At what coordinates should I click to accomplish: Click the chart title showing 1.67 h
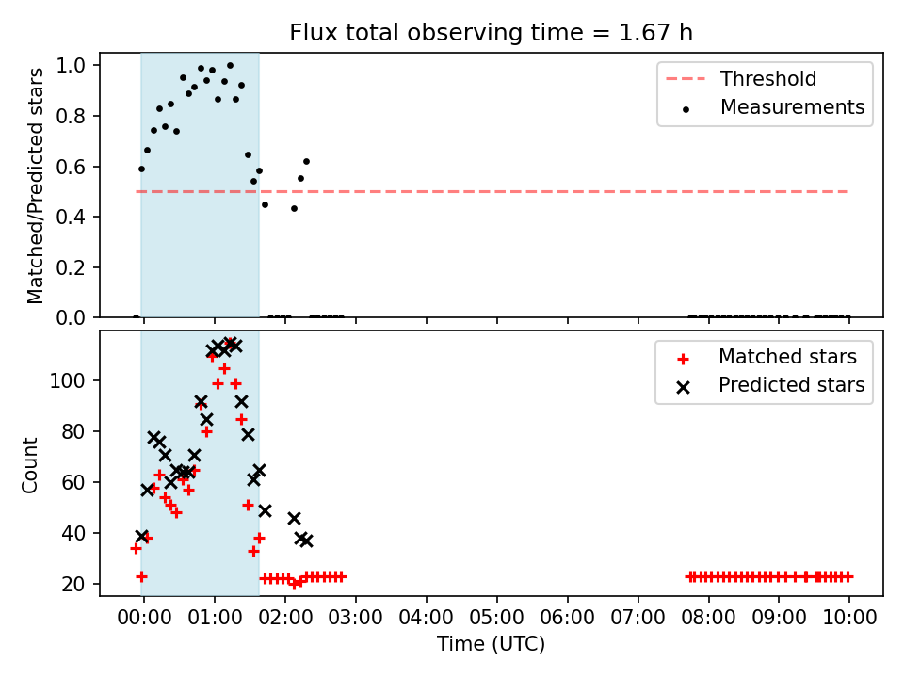click(492, 32)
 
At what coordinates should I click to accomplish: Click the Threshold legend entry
click(741, 78)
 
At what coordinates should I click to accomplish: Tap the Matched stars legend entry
click(767, 357)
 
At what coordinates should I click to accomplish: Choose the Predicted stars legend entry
click(771, 385)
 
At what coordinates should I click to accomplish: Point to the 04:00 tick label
click(426, 618)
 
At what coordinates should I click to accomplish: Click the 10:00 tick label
click(849, 618)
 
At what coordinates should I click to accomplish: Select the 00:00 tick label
click(144, 618)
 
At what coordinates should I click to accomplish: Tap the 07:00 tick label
click(638, 618)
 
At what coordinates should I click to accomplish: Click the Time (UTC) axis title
click(492, 643)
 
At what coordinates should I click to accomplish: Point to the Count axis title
click(29, 465)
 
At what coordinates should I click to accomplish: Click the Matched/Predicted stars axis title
click(35, 186)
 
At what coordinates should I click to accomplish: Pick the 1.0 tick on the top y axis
click(71, 65)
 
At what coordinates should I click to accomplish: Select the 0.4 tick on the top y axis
click(71, 217)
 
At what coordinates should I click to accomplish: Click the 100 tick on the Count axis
click(68, 380)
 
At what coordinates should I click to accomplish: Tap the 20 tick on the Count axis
click(73, 584)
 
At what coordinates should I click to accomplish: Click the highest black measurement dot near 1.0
click(230, 66)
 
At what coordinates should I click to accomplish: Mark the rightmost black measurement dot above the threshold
click(306, 161)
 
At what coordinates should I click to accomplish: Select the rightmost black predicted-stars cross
click(306, 541)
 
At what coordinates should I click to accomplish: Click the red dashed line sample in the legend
click(686, 78)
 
